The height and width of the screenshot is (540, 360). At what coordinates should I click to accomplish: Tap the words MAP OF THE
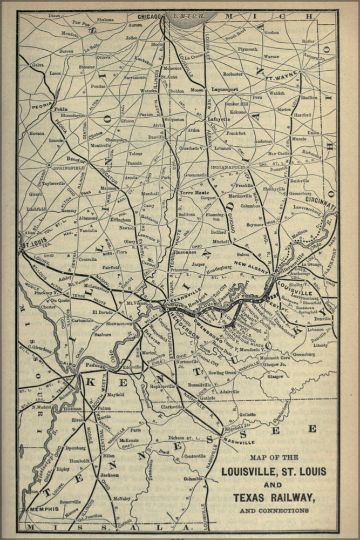coord(274,457)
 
